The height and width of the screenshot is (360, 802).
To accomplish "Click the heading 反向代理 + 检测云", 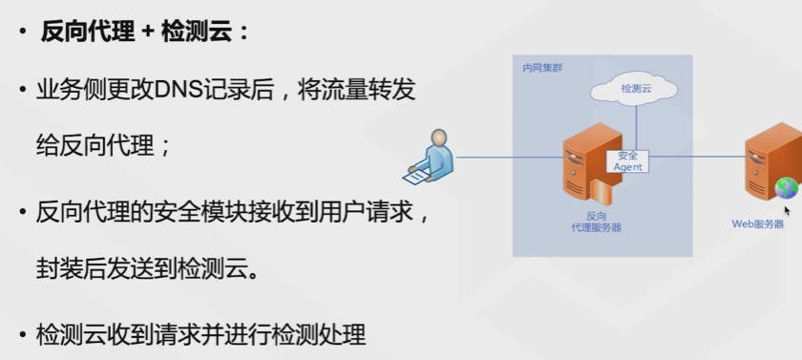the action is point(143,32).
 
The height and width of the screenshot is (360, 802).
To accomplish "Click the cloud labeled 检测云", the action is point(634,89).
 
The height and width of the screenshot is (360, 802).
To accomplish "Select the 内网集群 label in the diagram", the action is point(539,69).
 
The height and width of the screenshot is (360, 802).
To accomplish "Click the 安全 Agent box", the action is point(627,160).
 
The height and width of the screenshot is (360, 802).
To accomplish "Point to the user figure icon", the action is point(430,158).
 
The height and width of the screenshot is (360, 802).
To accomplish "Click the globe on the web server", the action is point(786,187).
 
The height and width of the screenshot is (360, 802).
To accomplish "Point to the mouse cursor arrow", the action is point(788,211).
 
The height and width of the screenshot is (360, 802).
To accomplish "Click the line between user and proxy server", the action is point(506,157).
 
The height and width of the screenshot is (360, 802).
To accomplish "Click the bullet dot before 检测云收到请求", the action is point(21,335).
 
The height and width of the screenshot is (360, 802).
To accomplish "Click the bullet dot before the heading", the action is point(21,32).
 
